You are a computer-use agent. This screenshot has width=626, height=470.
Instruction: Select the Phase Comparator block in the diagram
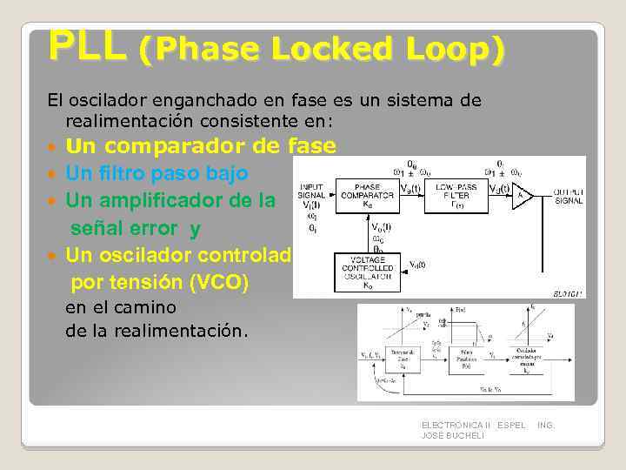click(x=368, y=195)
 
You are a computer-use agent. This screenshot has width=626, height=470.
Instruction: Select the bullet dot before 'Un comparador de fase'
click(x=55, y=147)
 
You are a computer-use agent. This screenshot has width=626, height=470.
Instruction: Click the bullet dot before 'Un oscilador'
click(x=55, y=256)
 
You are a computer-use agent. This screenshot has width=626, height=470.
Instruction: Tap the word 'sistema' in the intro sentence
click(x=418, y=100)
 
